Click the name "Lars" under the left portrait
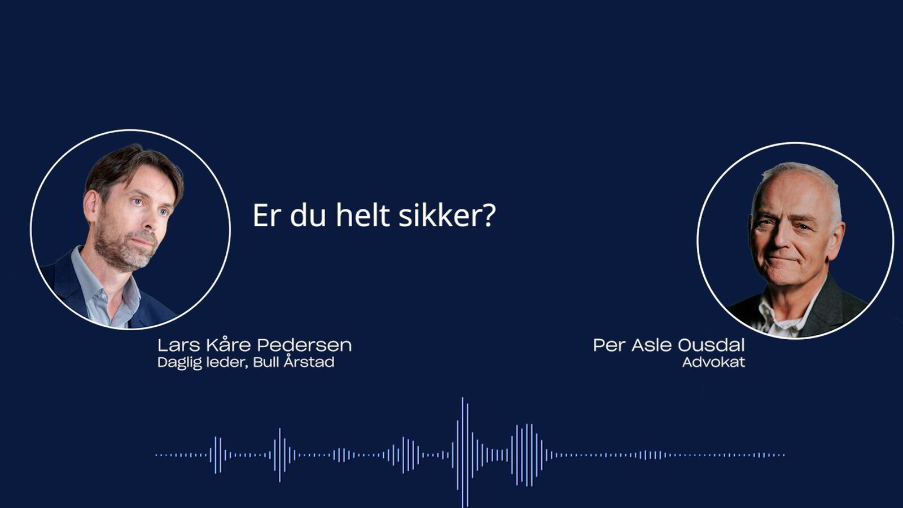coord(176,345)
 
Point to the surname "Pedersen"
coord(304,345)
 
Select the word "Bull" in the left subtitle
coord(265,362)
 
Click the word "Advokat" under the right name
coord(713,362)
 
